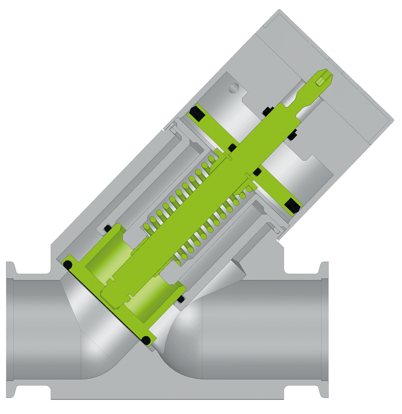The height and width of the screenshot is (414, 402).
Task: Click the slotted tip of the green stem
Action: pyautogui.click(x=324, y=78)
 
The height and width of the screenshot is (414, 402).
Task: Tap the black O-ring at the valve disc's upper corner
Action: pyautogui.click(x=68, y=265)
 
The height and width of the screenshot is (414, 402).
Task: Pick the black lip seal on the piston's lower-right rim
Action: pyautogui.click(x=292, y=206)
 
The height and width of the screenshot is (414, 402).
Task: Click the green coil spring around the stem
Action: pyautogui.click(x=193, y=209)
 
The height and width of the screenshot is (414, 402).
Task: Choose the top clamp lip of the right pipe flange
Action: pyautogui.click(x=324, y=268)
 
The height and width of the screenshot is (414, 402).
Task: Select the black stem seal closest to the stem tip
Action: pyautogui.click(x=266, y=110)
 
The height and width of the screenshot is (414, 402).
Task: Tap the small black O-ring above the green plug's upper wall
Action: pyautogui.click(x=107, y=229)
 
